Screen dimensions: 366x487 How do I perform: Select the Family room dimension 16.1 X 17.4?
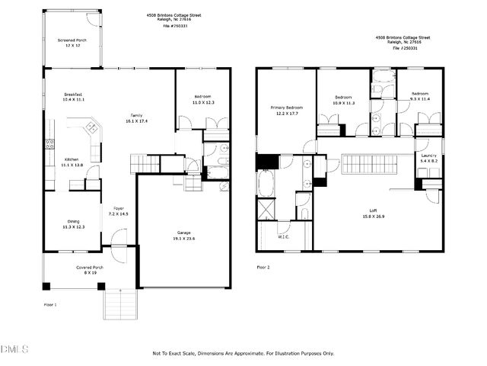click(137, 121)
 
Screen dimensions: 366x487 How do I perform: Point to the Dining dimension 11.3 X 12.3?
click(74, 227)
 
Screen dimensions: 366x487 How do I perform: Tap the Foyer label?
click(119, 208)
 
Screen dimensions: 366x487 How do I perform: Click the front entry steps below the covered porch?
click(119, 305)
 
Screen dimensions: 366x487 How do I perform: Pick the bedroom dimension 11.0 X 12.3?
click(202, 103)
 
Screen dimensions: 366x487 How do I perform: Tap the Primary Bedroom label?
click(287, 108)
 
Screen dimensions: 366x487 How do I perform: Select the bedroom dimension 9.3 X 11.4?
click(419, 99)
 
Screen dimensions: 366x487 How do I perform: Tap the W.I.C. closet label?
click(284, 236)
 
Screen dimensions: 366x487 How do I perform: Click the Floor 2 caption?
click(263, 268)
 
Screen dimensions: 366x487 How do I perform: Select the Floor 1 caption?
click(50, 304)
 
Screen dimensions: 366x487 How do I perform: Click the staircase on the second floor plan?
click(368, 165)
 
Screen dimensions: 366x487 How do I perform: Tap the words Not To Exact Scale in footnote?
click(174, 353)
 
